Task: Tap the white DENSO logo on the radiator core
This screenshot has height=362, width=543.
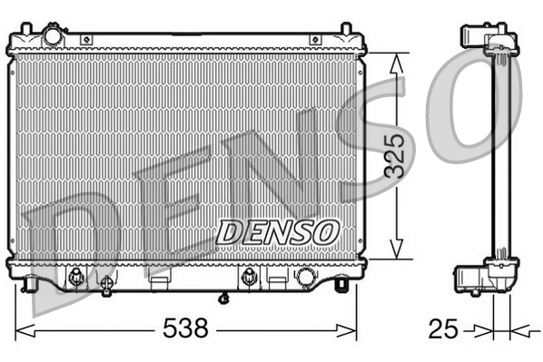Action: click(x=276, y=231)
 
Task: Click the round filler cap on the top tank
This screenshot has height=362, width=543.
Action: click(x=54, y=37)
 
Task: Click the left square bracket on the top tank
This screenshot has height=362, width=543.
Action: click(x=85, y=39)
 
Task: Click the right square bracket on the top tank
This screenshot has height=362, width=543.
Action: click(x=315, y=39)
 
